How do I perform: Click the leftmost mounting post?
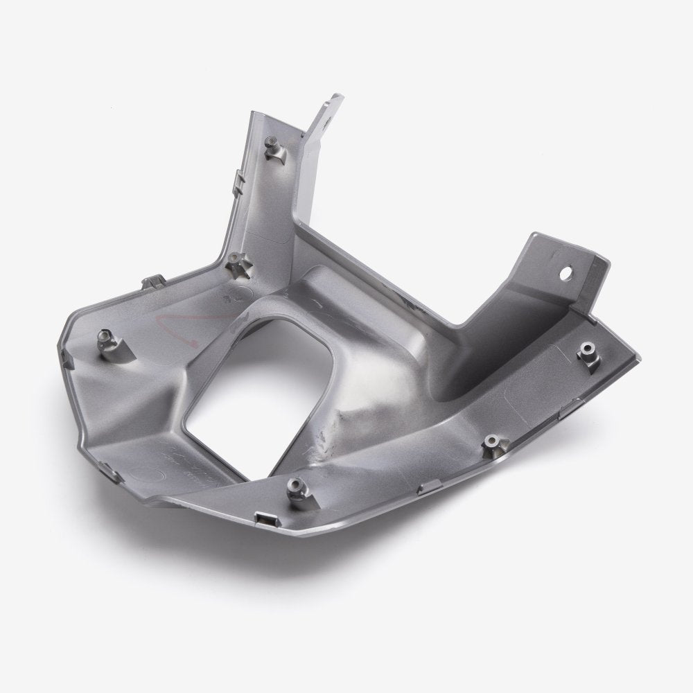tap(105, 339)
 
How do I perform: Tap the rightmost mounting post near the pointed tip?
tap(588, 351)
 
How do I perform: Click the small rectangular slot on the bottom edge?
tap(263, 518)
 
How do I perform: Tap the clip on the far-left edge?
tap(67, 358)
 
